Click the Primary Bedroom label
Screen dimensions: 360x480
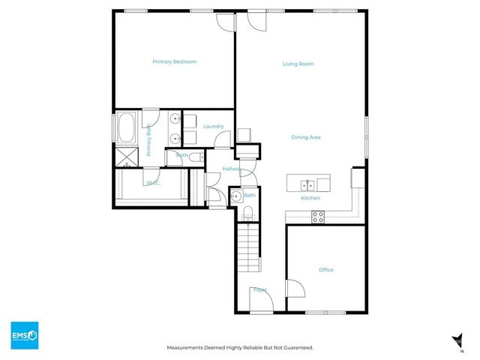pos(174,61)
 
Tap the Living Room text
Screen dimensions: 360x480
pos(298,64)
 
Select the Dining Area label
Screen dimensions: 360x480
pos(306,137)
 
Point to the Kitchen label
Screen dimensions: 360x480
pos(310,198)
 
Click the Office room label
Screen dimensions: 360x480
pos(325,270)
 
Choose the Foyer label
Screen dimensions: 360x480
pos(260,289)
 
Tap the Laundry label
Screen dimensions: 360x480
pos(213,126)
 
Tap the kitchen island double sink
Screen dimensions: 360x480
pos(307,184)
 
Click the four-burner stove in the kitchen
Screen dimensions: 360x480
pos(318,217)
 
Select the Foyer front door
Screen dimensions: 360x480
pos(260,301)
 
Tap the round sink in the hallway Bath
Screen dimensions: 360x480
pos(235,197)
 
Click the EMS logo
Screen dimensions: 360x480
pos(24,334)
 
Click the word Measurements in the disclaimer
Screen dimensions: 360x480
pos(188,348)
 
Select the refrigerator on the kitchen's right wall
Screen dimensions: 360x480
pos(358,179)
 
